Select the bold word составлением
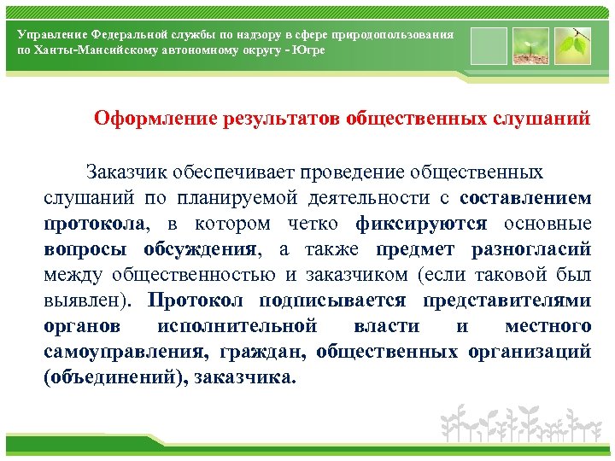click(x=524, y=198)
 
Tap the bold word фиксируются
click(x=421, y=224)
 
